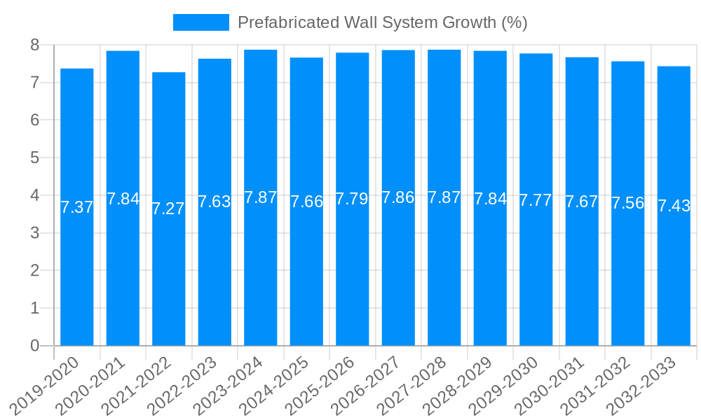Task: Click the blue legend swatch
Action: (x=201, y=22)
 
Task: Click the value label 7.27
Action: (x=168, y=209)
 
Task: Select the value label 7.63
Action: (x=215, y=202)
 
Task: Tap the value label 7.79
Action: (x=352, y=199)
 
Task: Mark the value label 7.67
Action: (x=582, y=202)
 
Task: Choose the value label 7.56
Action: (x=627, y=204)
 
